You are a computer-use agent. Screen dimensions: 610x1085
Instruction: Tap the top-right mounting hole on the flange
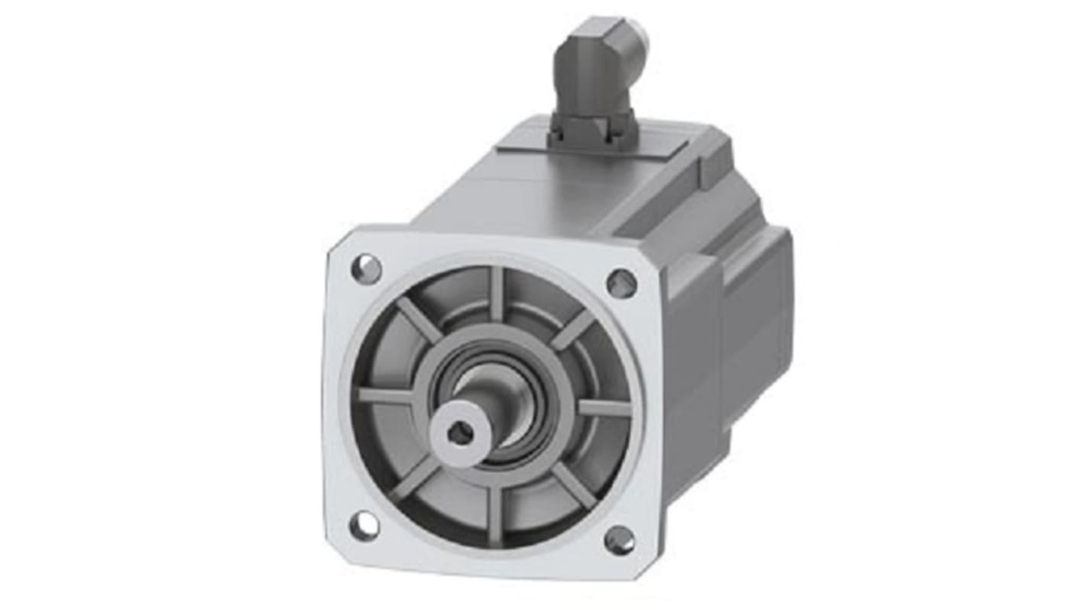[x=621, y=284]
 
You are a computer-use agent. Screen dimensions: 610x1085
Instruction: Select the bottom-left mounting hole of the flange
[x=364, y=525]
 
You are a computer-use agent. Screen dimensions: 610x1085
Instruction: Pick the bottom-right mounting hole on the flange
[x=620, y=540]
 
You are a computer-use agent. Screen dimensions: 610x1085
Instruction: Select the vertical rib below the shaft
[x=493, y=511]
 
